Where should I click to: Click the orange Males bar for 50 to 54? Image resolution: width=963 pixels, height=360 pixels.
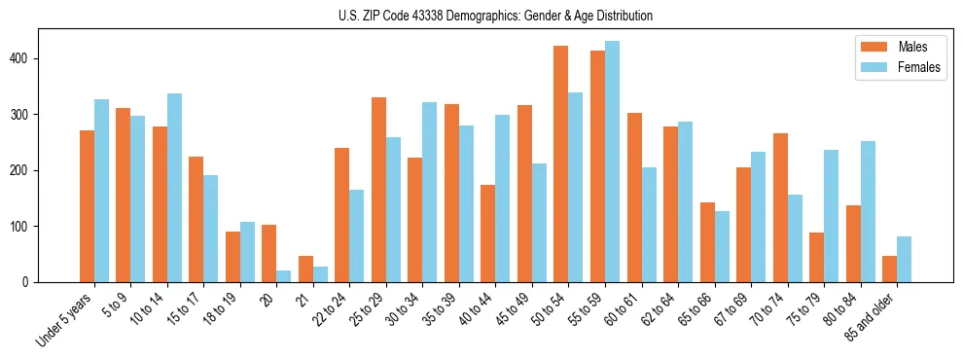[x=560, y=163]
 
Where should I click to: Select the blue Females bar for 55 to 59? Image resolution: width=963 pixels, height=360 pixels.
[x=612, y=162]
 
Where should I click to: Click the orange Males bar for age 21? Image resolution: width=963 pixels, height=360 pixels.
[x=305, y=269]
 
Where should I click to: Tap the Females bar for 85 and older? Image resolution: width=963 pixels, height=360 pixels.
[x=904, y=259]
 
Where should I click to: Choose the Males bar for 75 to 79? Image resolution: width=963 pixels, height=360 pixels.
[x=816, y=257]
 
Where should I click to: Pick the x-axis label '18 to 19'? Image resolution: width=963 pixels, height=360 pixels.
[x=220, y=309]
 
